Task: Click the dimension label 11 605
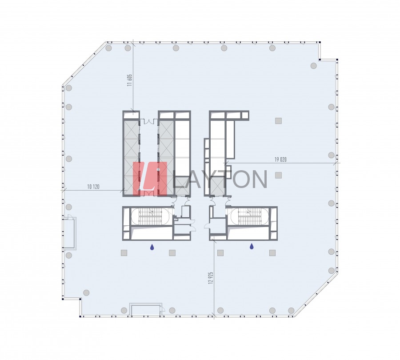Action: coord(130,80)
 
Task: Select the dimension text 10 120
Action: coord(93,187)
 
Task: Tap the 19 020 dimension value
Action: coord(280,160)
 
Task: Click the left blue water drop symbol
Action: coord(152,247)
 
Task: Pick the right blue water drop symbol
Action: coord(252,246)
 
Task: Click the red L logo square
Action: coord(150,179)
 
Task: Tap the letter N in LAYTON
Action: coord(258,180)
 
